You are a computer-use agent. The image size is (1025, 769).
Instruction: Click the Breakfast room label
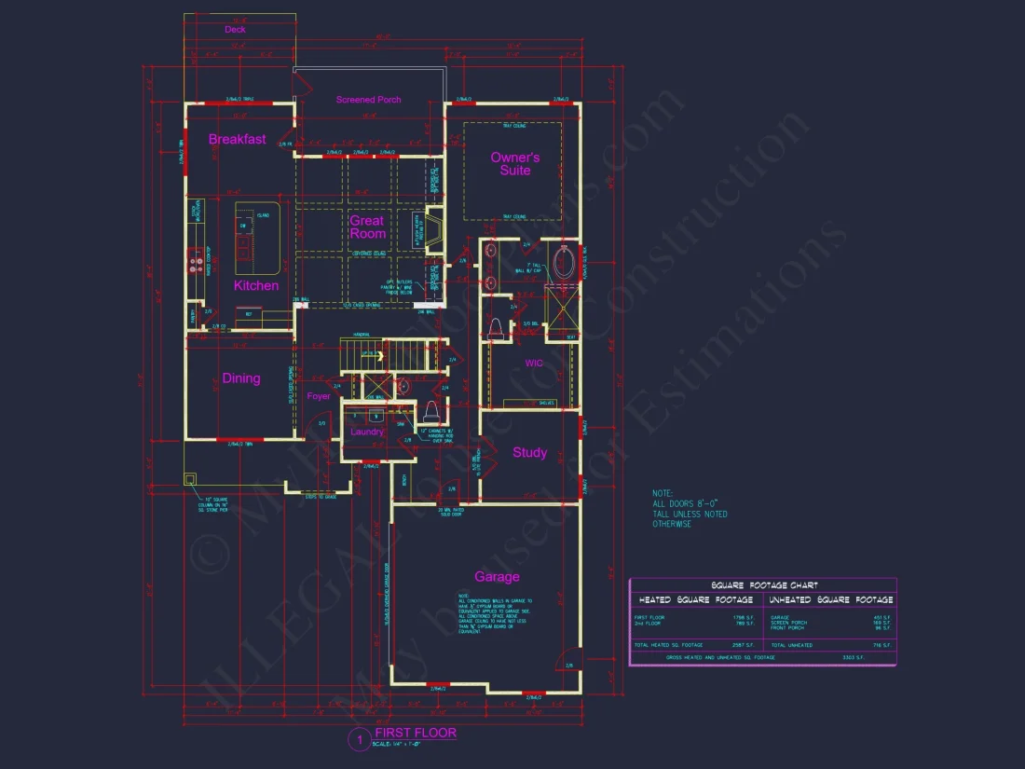(237, 139)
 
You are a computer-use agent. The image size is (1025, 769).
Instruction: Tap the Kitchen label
(256, 285)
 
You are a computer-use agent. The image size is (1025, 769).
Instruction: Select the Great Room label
(367, 227)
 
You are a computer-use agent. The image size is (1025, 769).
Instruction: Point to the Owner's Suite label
(515, 164)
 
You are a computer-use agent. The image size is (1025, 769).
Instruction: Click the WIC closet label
(534, 363)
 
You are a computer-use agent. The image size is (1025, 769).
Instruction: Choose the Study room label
(529, 453)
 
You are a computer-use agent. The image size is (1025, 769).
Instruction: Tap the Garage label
(497, 576)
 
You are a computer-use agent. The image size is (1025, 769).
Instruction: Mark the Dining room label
(241, 378)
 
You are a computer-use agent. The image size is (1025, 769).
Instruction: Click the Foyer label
(319, 396)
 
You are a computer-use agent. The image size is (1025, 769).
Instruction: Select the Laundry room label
(367, 432)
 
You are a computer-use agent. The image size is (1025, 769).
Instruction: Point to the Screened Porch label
(369, 100)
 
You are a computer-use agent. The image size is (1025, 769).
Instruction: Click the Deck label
(235, 30)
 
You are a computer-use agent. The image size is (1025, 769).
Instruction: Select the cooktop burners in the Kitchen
(196, 263)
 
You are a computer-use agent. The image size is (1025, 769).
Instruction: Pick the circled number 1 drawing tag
(358, 740)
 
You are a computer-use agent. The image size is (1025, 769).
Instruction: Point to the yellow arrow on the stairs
(379, 355)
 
